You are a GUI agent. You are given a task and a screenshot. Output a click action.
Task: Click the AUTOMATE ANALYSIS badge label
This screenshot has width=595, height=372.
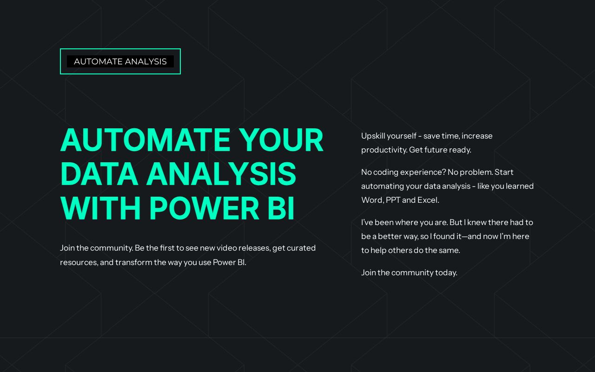point(120,62)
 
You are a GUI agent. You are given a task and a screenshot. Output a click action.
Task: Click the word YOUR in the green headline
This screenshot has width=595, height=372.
point(281,140)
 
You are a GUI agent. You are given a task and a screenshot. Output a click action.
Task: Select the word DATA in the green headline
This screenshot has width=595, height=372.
point(99,174)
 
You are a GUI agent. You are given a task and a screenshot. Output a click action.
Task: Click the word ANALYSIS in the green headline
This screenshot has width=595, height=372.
point(222,174)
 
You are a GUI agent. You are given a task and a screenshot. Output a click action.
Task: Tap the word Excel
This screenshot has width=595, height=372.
point(428,200)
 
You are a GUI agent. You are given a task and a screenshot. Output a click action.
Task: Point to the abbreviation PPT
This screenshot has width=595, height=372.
point(393,200)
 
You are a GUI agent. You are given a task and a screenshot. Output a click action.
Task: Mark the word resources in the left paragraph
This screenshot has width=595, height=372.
point(79,263)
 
